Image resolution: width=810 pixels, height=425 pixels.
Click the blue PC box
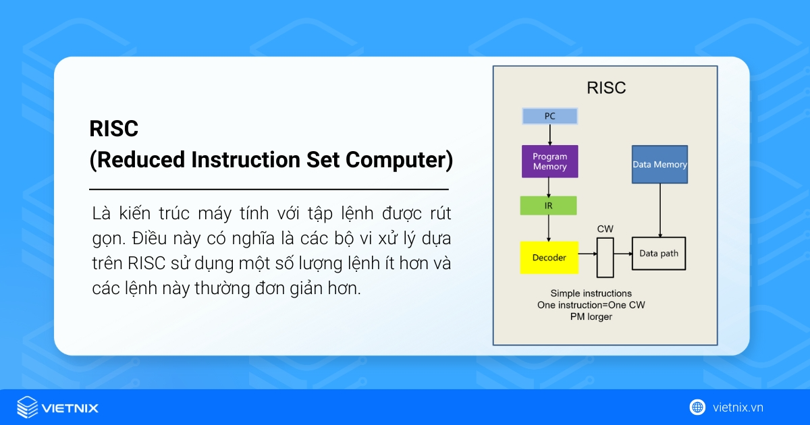[549, 116]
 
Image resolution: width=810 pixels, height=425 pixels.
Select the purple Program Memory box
[549, 161]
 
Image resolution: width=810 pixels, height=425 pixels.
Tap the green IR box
[548, 206]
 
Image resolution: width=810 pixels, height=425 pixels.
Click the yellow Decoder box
[549, 257]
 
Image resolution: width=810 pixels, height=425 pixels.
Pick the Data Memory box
[659, 165]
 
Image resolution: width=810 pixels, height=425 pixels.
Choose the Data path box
[658, 254]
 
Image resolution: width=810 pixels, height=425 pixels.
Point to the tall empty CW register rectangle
[605, 257]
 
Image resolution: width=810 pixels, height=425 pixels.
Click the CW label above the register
[605, 229]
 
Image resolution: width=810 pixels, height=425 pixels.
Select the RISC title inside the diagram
[605, 88]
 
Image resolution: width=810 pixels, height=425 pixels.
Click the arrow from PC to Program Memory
[549, 135]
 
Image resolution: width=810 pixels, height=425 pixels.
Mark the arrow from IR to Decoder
[549, 228]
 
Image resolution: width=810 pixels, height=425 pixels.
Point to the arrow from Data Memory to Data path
[660, 210]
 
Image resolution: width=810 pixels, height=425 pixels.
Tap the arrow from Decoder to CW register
[587, 254]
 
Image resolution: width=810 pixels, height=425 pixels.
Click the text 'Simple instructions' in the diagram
[591, 293]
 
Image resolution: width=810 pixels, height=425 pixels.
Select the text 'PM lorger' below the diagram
[591, 316]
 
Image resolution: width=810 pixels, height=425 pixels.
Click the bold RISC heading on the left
[113, 129]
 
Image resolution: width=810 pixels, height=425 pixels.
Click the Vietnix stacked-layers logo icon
[27, 407]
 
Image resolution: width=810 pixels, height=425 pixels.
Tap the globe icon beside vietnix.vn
[697, 407]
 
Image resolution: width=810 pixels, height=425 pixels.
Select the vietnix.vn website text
[738, 407]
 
